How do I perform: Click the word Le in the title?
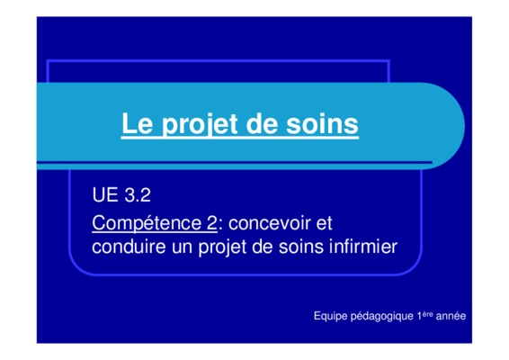click(x=137, y=123)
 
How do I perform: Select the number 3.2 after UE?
click(x=138, y=195)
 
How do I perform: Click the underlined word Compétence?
click(x=147, y=224)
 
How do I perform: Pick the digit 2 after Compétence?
click(x=211, y=223)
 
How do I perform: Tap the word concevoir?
click(x=270, y=223)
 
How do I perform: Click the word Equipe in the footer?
click(x=330, y=317)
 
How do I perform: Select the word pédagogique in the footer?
click(x=382, y=317)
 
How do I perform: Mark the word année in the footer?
click(x=451, y=316)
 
